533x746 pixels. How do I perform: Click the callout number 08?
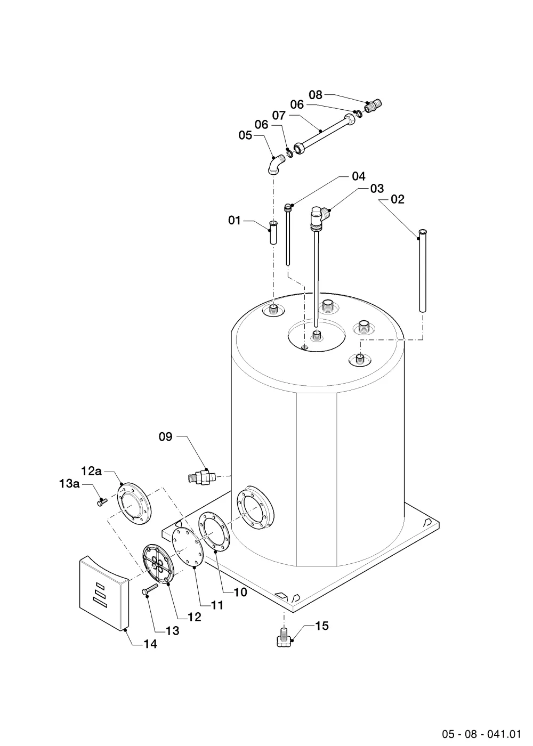[316, 95]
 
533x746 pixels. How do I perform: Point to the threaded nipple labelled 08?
[374, 106]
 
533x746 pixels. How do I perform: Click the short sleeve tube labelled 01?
[273, 233]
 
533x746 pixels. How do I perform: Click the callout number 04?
[358, 176]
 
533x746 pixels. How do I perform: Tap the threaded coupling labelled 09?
[201, 477]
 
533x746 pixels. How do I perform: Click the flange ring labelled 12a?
[134, 503]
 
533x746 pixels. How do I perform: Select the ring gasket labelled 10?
[214, 532]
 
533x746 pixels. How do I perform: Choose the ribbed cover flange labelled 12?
[159, 564]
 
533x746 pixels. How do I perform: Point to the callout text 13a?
[69, 484]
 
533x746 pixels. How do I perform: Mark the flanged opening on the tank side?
[255, 508]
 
